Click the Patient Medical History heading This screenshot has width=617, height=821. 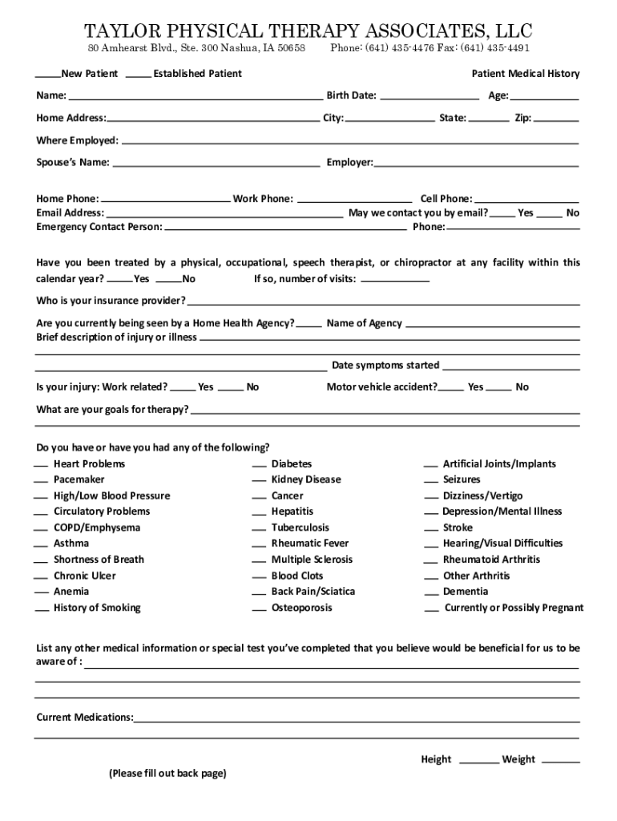(525, 74)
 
